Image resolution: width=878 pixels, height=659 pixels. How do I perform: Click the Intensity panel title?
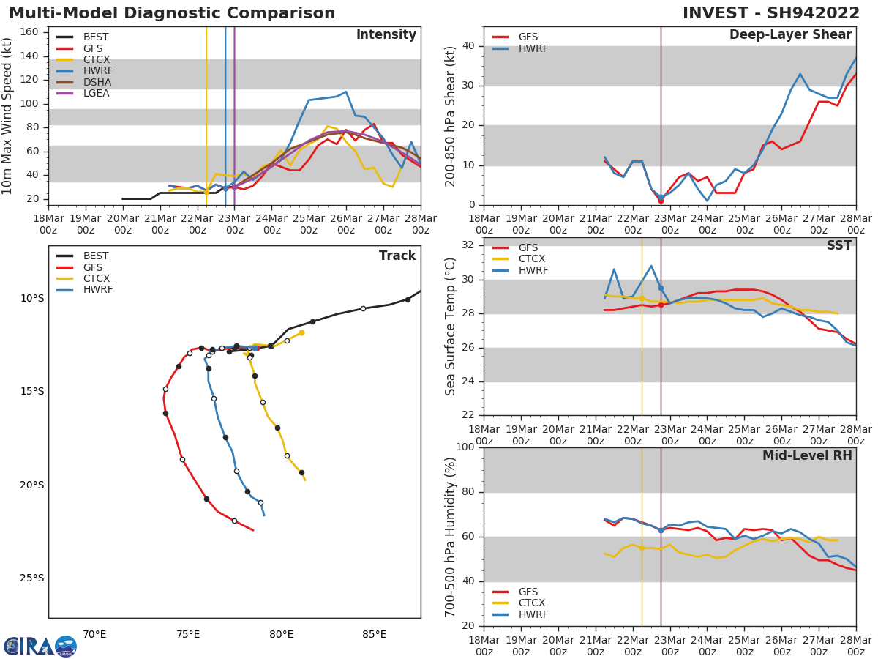[386, 35]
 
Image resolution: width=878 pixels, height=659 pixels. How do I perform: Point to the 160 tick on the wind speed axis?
[34, 32]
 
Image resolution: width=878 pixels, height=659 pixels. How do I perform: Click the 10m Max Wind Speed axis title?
[8, 116]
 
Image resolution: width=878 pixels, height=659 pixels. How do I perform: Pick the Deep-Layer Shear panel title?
[790, 35]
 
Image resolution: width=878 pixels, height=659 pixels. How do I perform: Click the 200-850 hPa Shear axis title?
[451, 116]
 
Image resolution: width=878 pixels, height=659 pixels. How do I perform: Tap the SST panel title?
[839, 246]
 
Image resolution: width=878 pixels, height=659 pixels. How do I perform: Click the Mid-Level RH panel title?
[807, 456]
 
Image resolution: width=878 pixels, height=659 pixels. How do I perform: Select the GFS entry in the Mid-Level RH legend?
[528, 592]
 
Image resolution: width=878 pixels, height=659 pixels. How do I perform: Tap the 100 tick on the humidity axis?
[465, 447]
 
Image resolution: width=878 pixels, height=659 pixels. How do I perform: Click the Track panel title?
[397, 256]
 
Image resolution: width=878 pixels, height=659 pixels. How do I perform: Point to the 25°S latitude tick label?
[31, 578]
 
